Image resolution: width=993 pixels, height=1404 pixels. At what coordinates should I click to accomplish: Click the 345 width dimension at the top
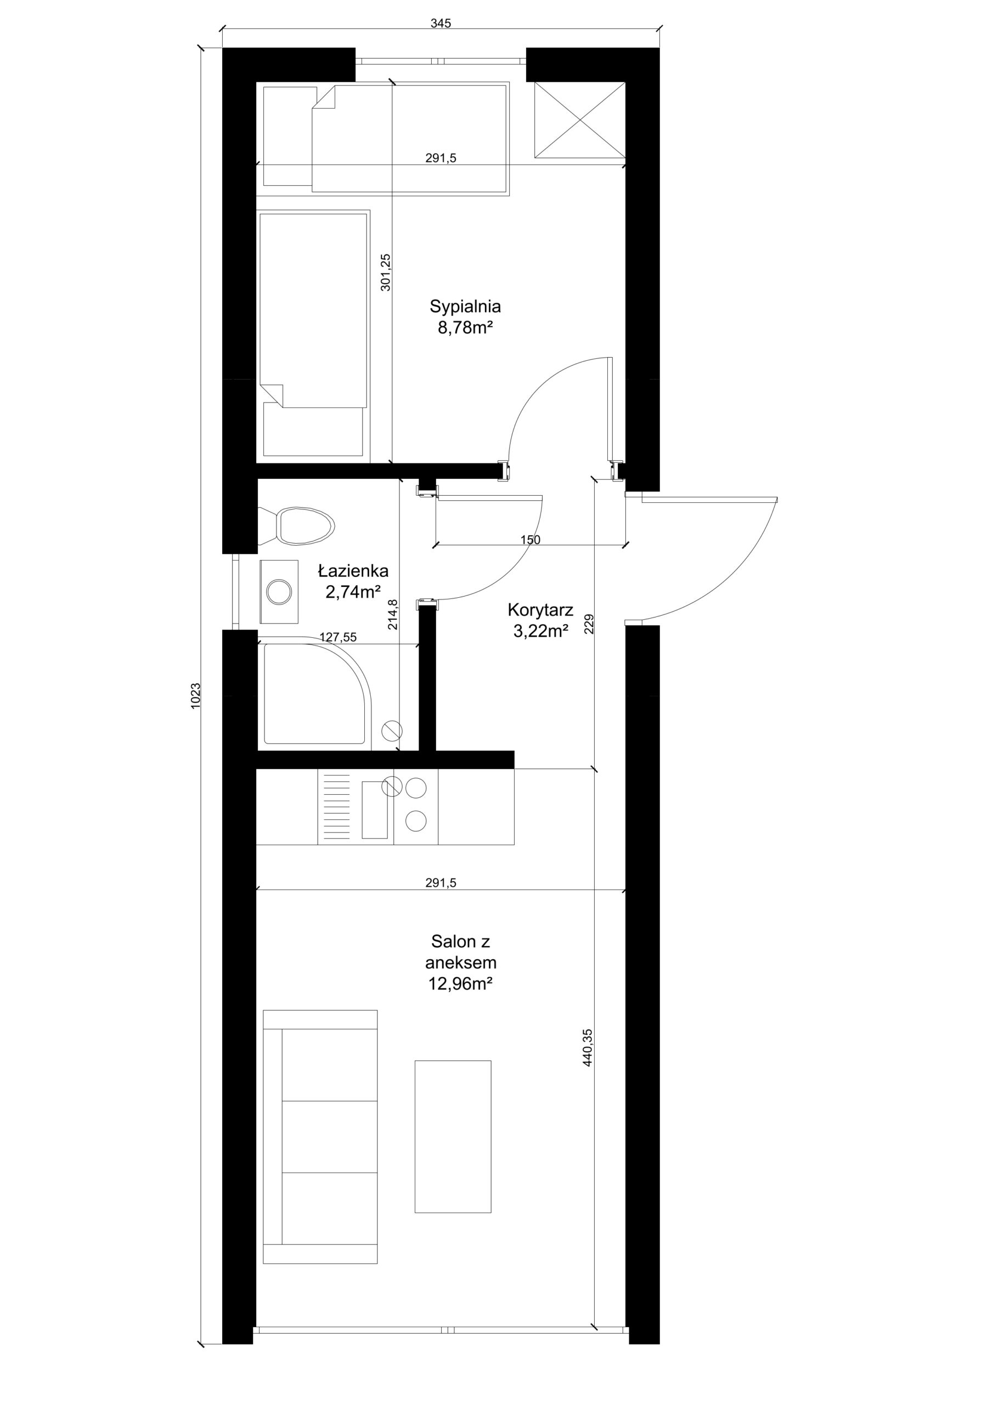441,23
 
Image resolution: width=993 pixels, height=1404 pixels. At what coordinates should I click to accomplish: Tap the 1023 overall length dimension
196,696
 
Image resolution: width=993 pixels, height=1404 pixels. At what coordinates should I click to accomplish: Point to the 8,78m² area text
465,328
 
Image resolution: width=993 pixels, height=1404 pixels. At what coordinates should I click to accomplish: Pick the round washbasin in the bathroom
279,591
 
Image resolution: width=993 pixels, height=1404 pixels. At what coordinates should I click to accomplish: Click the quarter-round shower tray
314,693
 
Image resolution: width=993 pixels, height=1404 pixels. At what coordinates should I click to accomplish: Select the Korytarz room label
540,610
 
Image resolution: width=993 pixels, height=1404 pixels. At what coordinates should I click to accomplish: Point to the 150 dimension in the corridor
531,540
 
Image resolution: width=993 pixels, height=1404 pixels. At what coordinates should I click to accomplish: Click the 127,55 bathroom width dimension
338,637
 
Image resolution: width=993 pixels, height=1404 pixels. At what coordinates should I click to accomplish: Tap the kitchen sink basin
375,809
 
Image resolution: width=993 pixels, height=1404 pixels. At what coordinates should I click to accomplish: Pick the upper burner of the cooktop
416,788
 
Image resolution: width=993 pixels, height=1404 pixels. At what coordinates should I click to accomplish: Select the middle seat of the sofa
329,1137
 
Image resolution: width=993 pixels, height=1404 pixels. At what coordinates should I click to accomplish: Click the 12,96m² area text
461,984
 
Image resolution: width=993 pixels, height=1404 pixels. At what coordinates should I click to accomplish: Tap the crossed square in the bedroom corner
580,120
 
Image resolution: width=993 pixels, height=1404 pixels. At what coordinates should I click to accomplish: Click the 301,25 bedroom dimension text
386,272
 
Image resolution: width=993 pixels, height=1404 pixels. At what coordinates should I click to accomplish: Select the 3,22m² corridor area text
541,631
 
